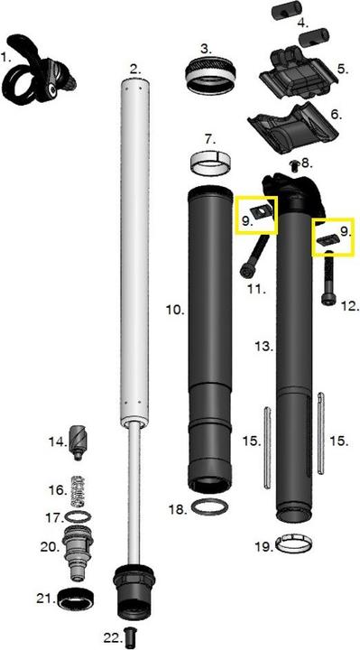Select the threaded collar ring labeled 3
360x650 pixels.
[210, 76]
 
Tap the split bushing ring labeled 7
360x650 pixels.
[210, 163]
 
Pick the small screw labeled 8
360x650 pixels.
[294, 166]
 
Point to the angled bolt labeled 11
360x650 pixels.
[254, 255]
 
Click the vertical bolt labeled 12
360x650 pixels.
[329, 278]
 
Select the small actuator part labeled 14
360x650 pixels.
[78, 442]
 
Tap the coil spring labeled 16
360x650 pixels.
[79, 492]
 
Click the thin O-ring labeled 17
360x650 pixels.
[78, 517]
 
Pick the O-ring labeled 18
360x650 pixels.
[210, 507]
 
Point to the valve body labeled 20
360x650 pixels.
[78, 552]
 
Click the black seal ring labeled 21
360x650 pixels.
[76, 599]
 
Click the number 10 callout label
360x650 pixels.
[174, 310]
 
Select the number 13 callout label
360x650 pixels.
[263, 346]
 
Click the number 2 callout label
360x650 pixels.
[135, 70]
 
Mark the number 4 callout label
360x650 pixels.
[303, 23]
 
